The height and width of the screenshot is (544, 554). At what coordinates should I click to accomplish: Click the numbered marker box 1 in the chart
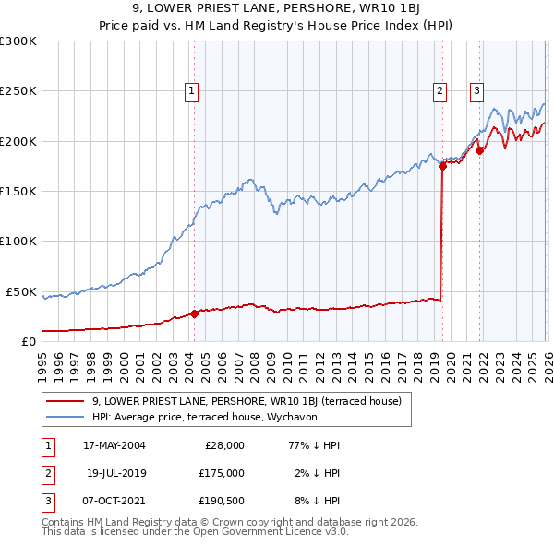191,90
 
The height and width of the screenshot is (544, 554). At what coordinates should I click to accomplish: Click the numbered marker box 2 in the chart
440,90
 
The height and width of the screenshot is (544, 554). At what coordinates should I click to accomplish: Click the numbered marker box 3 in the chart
476,90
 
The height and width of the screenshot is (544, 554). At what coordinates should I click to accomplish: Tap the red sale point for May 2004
195,313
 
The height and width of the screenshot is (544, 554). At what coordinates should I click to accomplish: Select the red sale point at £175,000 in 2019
442,167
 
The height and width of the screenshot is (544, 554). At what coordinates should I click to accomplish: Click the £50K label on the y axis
20,291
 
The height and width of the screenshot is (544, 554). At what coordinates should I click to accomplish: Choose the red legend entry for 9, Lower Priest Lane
246,401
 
